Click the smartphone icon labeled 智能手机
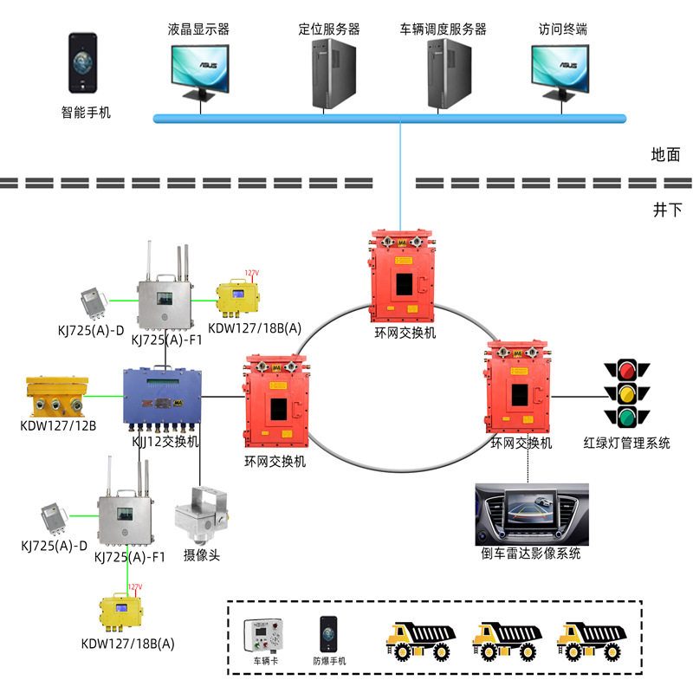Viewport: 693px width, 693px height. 82,63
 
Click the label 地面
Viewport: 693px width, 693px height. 665,155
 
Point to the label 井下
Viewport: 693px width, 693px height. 665,210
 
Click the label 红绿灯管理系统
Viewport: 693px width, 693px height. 627,444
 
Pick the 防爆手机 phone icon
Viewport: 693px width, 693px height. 327,635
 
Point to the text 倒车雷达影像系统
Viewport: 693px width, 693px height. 531,554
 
